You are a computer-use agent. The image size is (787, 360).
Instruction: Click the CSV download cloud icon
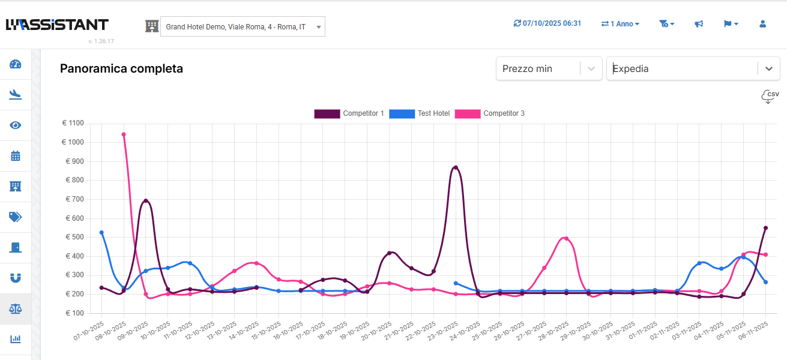coord(770,97)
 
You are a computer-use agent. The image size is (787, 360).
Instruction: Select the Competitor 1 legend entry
coord(349,113)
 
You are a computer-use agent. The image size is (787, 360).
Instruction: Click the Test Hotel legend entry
coord(420,113)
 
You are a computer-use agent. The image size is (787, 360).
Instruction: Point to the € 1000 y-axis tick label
coord(74,142)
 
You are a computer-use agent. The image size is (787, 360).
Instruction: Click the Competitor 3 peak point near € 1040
coord(124,134)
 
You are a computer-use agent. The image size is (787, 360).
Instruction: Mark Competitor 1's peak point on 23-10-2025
coord(456,167)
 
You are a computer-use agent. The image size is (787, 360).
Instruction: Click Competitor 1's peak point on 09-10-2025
coord(146,200)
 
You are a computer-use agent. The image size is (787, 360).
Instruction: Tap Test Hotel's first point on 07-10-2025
coord(101,232)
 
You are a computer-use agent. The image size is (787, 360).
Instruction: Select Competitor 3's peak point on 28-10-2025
coord(566,238)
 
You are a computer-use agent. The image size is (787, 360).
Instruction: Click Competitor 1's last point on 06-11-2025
coord(765,228)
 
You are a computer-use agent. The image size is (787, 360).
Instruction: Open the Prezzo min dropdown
coord(549,68)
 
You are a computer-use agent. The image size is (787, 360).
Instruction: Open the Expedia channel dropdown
coord(693,68)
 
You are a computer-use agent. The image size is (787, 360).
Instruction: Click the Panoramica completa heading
coord(121,68)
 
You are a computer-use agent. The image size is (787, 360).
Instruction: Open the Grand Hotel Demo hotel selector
coord(243,26)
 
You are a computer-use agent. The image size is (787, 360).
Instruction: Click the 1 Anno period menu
coord(620,24)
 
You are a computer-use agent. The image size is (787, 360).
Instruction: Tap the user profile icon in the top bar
coord(762,24)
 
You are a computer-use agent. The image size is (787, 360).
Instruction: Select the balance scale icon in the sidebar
coord(16,309)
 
